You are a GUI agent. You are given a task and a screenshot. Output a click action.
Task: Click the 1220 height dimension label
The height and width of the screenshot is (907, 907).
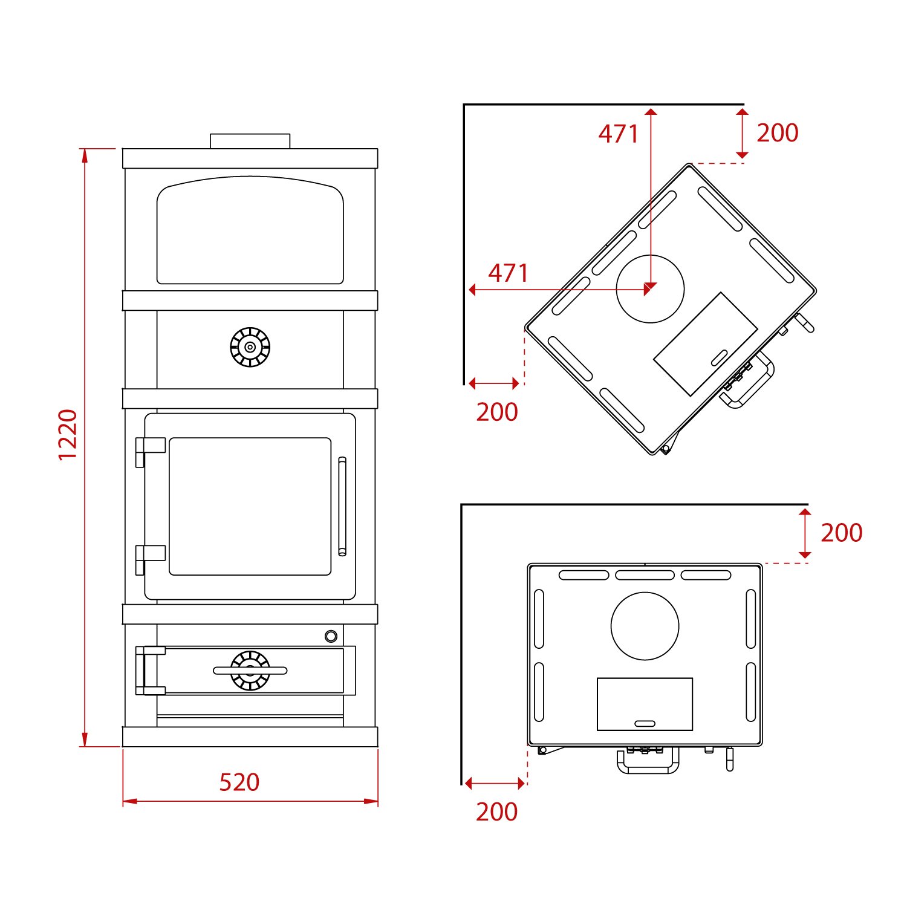click(x=68, y=434)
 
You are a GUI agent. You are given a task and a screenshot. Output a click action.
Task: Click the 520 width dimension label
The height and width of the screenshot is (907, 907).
click(x=239, y=782)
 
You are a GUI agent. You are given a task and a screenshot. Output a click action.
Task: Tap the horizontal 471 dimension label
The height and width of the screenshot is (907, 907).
click(x=509, y=273)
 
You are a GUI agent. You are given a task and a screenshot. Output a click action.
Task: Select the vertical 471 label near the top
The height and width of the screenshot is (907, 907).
click(x=619, y=134)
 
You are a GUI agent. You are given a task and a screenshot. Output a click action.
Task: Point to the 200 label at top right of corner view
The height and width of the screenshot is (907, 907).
click(x=778, y=132)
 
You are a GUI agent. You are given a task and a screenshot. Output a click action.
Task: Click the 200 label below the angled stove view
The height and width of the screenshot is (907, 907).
click(x=497, y=412)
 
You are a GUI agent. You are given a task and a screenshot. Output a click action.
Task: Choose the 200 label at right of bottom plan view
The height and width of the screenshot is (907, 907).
click(x=842, y=533)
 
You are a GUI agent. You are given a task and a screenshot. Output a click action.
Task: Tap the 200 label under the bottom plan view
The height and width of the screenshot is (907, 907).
click(x=497, y=811)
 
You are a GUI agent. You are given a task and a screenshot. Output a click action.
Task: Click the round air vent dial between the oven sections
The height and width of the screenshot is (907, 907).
click(x=250, y=347)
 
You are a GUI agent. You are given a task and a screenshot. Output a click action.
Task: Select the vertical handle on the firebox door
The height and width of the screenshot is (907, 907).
click(x=342, y=506)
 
